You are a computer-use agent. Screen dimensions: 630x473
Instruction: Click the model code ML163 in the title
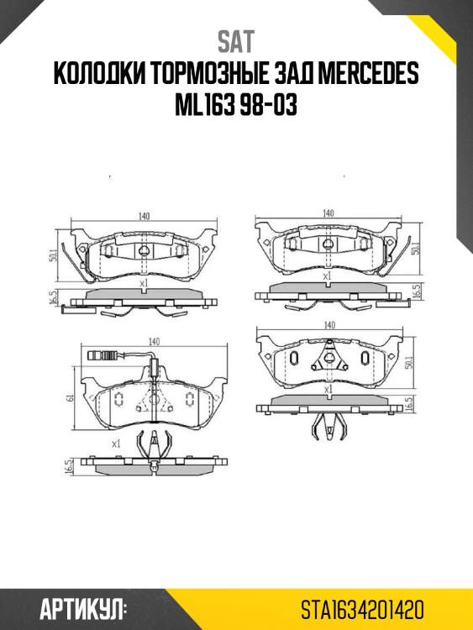point(202,108)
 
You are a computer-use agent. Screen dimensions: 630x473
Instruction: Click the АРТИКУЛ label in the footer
point(82,608)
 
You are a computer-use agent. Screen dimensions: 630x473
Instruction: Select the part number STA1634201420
point(362,608)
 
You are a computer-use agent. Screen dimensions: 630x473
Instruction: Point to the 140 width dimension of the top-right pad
point(328,213)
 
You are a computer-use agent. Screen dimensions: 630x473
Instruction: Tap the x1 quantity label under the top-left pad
point(143,285)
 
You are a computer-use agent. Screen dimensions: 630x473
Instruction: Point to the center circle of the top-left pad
point(144,254)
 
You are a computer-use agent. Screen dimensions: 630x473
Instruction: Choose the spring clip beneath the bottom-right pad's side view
point(323,428)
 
